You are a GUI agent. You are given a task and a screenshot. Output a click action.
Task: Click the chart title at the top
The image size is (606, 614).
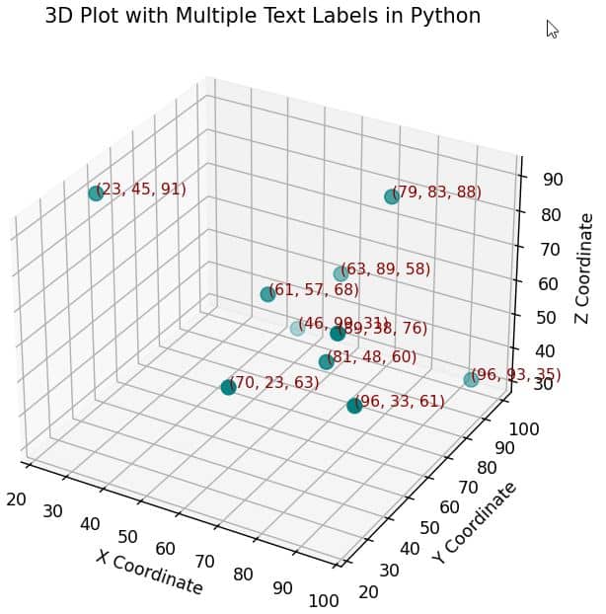(x=263, y=17)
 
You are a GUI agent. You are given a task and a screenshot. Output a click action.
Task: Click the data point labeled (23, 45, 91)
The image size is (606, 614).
(x=96, y=193)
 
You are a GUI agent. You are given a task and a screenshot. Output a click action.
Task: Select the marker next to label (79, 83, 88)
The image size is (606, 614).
(x=392, y=196)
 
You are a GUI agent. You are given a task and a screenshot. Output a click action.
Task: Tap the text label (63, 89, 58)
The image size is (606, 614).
(x=386, y=269)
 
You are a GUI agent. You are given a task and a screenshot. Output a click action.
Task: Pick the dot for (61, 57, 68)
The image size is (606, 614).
(x=267, y=294)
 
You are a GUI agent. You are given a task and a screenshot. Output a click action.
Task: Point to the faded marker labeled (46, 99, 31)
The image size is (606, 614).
(x=297, y=328)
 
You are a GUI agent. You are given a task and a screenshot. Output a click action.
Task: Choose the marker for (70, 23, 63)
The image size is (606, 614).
(x=228, y=387)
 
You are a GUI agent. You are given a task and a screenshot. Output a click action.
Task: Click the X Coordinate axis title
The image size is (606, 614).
(x=149, y=572)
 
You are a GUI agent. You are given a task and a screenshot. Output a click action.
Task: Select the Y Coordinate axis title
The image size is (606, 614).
(x=474, y=523)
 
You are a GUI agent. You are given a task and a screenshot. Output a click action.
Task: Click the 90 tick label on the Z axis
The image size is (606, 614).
(x=553, y=180)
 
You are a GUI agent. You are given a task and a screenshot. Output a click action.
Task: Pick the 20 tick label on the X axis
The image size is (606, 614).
(x=16, y=499)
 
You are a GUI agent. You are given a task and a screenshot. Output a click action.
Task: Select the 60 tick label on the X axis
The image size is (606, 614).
(x=166, y=549)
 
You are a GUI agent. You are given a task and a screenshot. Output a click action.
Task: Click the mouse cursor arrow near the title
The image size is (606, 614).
(x=552, y=29)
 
